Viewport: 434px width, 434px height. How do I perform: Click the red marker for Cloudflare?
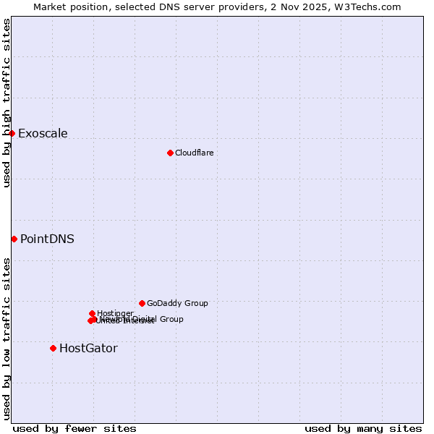170,153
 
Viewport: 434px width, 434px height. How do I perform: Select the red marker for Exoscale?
12,133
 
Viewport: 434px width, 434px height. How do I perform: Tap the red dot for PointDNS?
14,239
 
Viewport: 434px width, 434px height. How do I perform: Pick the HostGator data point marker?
53,348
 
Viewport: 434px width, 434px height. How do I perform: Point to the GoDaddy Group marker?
142,303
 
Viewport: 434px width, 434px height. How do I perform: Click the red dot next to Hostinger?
92,313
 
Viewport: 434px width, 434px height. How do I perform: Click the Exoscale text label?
43,133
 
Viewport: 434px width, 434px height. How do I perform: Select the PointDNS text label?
47,239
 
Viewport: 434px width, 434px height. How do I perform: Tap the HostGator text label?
88,348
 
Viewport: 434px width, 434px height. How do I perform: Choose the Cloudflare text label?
194,153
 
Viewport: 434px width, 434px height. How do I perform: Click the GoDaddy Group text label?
177,303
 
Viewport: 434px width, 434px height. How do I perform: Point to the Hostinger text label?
115,313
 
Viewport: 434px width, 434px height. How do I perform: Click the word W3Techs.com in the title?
372,7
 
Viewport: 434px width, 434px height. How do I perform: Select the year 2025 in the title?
324,7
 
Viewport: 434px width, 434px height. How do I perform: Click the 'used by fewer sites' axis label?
75,428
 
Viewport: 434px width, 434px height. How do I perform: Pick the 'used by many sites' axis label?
363,428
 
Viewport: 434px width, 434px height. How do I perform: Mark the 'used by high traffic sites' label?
7,103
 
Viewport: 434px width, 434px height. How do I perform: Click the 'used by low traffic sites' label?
7,338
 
